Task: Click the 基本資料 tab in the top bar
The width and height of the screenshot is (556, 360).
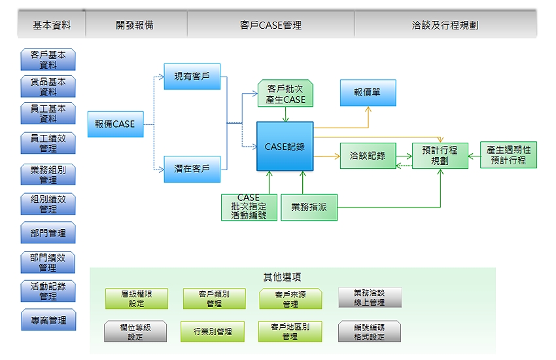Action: (51, 26)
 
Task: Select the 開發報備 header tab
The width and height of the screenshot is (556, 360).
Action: (135, 26)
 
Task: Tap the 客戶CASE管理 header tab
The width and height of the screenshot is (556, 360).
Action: (271, 26)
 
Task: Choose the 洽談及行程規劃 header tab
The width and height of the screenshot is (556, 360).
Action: (445, 26)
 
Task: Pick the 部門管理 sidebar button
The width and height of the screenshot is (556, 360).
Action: (48, 233)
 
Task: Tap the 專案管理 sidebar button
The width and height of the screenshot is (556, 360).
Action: (48, 320)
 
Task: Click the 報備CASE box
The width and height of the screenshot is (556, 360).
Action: (115, 124)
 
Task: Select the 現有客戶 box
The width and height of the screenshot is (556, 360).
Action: (192, 77)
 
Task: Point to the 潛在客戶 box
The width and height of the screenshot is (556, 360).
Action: (192, 168)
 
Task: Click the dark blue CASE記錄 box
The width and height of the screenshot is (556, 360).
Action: (285, 147)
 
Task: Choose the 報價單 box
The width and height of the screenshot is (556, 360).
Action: (368, 93)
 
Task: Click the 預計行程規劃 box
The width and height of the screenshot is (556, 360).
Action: (440, 155)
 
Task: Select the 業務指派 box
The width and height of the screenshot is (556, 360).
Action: (309, 207)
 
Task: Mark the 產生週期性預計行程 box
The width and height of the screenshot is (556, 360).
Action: (508, 155)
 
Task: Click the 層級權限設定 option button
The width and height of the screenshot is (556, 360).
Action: (137, 299)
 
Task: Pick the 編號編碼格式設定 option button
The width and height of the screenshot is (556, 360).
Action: (369, 332)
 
